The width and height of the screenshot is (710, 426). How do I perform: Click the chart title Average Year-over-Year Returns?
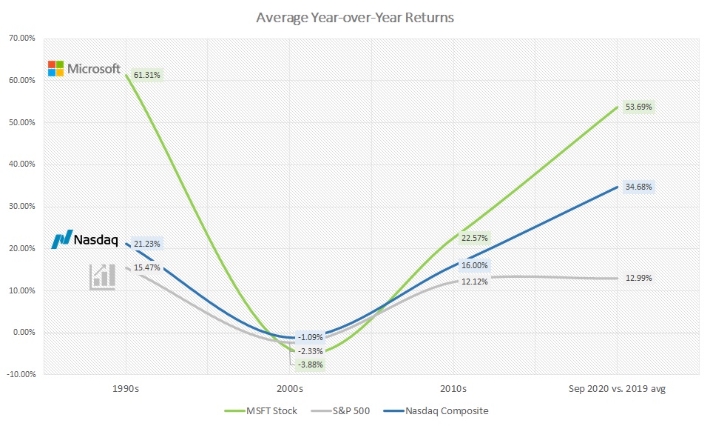355,16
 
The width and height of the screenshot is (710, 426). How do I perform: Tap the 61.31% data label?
147,75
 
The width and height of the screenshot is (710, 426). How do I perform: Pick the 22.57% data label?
476,238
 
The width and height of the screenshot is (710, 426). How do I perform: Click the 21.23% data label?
147,244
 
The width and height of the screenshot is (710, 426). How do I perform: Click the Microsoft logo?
84,69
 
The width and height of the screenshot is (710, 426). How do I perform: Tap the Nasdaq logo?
85,239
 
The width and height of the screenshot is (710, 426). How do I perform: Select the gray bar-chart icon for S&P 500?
102,276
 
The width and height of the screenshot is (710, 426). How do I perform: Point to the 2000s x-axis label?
289,388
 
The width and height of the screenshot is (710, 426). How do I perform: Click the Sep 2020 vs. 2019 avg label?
618,388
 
